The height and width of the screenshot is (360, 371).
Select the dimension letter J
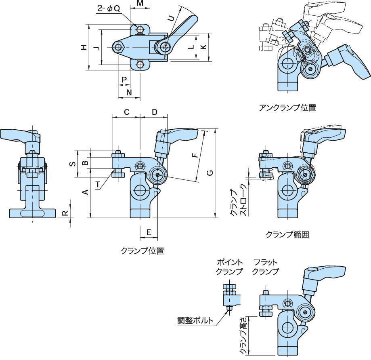tap(96, 48)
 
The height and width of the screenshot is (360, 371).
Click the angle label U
tap(171, 18)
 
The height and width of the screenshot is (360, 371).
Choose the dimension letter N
tap(129, 92)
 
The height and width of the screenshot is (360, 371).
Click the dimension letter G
tap(210, 173)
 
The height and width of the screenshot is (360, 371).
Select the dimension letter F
tap(195, 155)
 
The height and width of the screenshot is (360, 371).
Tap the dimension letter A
tap(85, 192)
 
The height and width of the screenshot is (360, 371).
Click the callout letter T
tap(98, 185)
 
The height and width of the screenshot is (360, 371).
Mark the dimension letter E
tap(149, 232)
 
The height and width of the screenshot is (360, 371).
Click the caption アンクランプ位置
tap(287, 108)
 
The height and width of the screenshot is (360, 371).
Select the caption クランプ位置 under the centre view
tap(143, 251)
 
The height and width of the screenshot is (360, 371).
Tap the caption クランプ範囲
tap(287, 234)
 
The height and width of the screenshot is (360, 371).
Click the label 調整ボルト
tap(195, 321)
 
